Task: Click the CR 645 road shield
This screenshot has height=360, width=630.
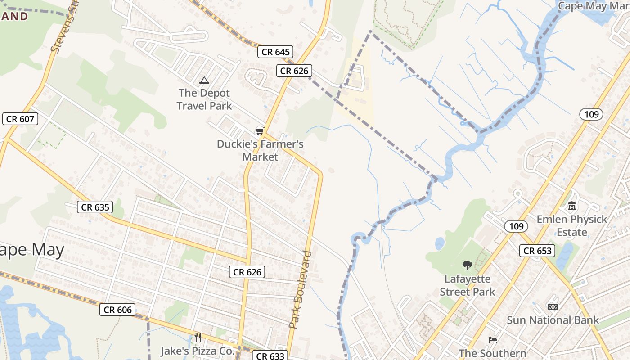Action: click(x=275, y=52)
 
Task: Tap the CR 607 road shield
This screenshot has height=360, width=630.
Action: click(x=20, y=119)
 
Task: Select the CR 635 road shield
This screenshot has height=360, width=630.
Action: click(x=95, y=207)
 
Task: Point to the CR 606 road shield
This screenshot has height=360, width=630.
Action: click(x=118, y=310)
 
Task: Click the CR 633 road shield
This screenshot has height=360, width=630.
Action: click(x=270, y=356)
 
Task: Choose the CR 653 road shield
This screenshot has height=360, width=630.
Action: click(x=537, y=251)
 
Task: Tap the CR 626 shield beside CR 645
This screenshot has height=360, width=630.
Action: click(x=294, y=71)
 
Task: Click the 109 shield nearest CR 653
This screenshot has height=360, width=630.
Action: click(x=516, y=226)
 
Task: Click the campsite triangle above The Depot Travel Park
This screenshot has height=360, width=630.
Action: click(x=204, y=81)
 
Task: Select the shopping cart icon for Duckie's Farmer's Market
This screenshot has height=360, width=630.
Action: click(x=260, y=131)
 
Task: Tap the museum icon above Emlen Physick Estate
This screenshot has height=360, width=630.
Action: click(x=572, y=206)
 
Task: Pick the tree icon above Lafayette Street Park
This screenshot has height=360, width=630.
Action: click(x=467, y=265)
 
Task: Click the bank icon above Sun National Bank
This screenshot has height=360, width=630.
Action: click(x=553, y=307)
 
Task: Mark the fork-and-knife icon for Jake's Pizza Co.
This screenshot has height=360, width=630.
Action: click(x=198, y=337)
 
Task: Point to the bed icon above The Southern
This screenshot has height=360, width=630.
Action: click(x=493, y=340)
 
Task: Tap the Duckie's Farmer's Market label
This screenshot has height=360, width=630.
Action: click(x=260, y=150)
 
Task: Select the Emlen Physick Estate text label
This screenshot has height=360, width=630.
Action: click(x=571, y=226)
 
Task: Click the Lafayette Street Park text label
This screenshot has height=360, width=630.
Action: click(x=467, y=285)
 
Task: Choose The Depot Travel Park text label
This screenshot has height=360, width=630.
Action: click(x=204, y=99)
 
